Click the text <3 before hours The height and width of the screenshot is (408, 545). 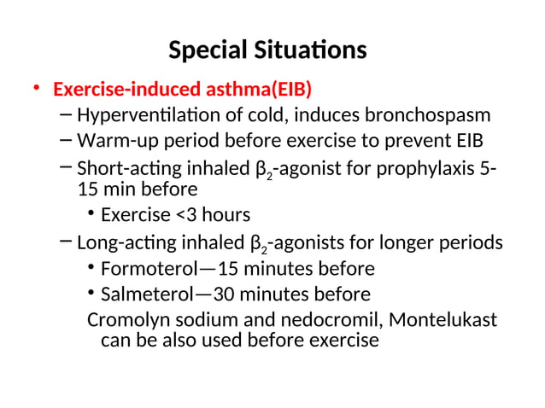click(182, 214)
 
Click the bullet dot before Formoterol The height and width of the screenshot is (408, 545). click(91, 270)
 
